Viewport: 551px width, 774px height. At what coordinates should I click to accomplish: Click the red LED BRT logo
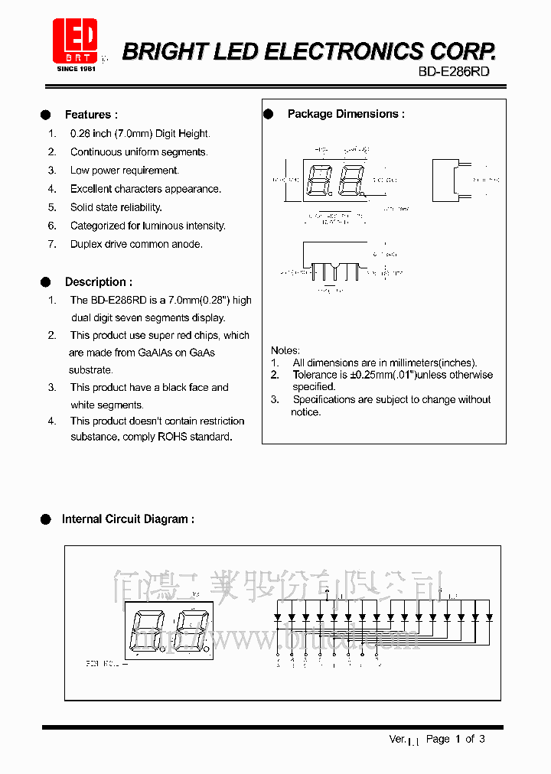coord(74,43)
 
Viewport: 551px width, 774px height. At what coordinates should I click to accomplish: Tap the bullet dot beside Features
coord(45,115)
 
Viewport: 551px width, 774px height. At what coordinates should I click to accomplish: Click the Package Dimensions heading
coord(346,114)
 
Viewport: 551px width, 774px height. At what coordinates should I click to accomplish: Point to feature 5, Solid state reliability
coord(116,207)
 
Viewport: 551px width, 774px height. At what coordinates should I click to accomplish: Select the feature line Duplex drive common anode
coord(136,244)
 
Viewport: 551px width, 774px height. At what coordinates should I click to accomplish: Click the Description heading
coord(98,281)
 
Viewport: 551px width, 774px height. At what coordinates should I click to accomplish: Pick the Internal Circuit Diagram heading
coord(128,519)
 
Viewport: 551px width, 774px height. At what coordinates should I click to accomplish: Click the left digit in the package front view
coord(318,180)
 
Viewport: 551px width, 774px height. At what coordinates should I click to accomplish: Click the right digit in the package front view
coord(350,180)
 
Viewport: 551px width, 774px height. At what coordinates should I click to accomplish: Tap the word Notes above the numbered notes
coord(285,350)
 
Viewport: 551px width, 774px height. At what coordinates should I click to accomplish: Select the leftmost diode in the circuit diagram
coord(277,616)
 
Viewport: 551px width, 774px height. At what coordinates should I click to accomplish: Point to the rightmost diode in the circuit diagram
coord(488,616)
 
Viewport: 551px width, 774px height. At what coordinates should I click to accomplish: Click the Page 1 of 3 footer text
coord(455,739)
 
